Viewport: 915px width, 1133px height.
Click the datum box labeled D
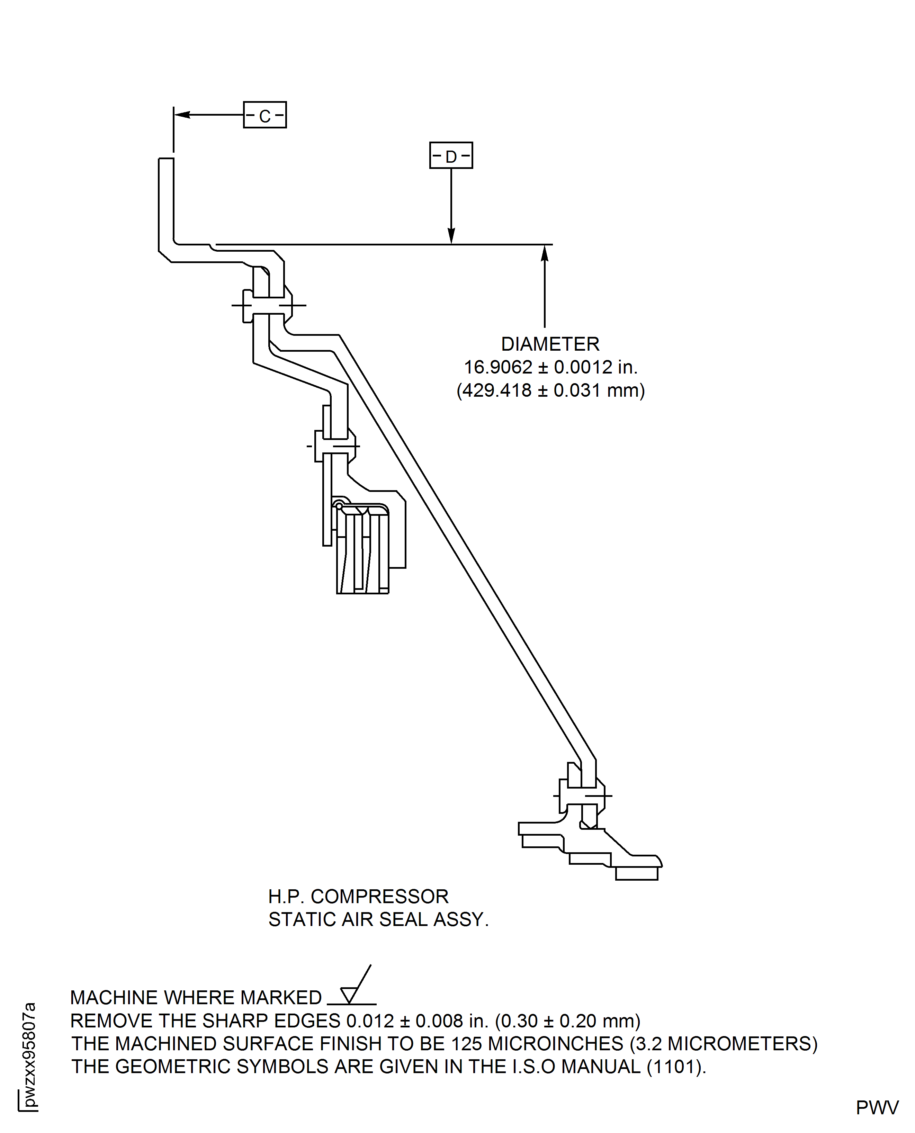coord(451,155)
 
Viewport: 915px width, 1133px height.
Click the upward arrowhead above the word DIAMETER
coord(545,254)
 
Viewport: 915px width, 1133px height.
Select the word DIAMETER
coord(550,344)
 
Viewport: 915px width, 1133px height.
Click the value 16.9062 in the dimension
coord(498,367)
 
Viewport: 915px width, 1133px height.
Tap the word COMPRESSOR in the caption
coord(379,897)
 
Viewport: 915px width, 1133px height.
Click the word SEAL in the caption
coord(404,919)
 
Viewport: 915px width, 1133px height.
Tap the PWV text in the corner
coord(877,1108)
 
